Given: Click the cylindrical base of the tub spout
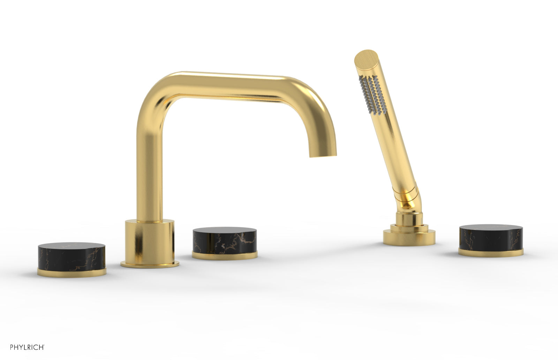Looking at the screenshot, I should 150,241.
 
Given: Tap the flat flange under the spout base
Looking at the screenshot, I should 150,265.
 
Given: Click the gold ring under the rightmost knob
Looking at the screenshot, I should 491,252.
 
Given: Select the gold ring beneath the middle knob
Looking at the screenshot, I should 225,255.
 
